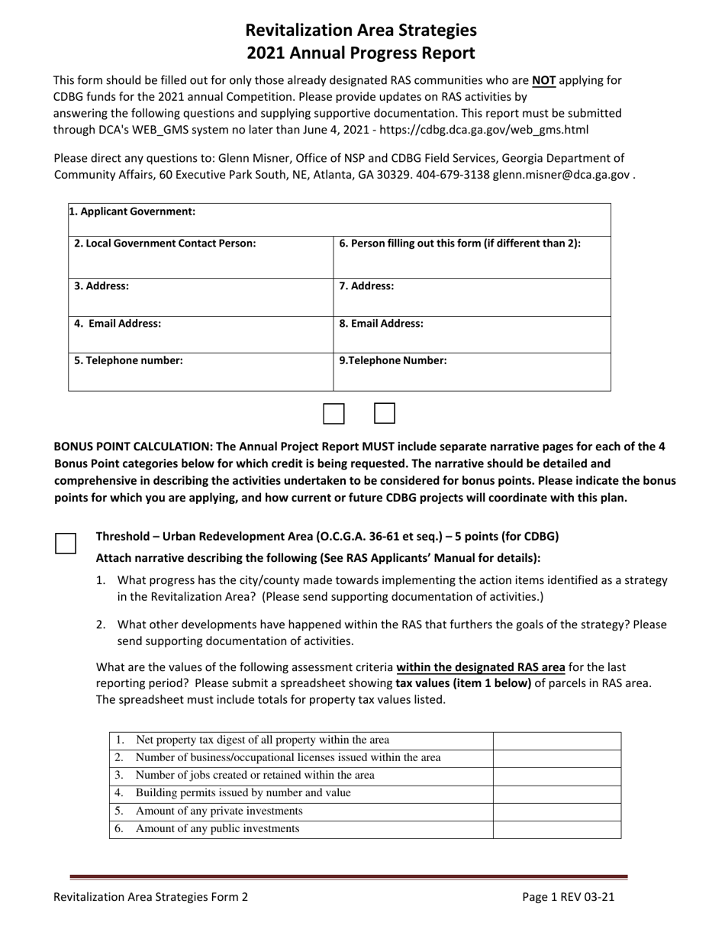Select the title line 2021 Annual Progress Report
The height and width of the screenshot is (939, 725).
(x=360, y=53)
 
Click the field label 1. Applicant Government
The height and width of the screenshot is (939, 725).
(x=132, y=211)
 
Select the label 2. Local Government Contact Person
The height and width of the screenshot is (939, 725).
(x=165, y=244)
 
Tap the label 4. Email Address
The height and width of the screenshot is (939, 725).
(x=118, y=324)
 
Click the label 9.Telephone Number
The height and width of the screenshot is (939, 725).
(x=393, y=361)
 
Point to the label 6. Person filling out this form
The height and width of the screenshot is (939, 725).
(x=459, y=244)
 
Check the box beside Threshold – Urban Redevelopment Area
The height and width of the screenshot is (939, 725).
(x=66, y=543)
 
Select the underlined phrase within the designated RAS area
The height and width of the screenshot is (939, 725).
(x=481, y=666)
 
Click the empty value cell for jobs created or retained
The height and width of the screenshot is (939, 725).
(x=556, y=776)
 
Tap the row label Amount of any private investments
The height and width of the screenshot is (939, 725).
(x=219, y=811)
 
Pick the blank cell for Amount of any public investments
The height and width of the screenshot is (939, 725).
(x=556, y=829)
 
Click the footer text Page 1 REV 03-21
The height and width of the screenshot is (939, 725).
(x=568, y=898)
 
